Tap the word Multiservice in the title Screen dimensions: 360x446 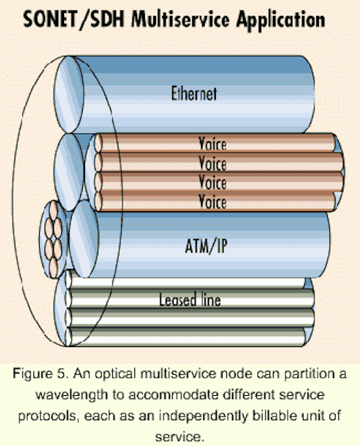click(180, 19)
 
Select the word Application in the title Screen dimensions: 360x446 click(281, 20)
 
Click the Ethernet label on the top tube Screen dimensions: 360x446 click(194, 93)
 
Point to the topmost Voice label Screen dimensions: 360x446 click(212, 144)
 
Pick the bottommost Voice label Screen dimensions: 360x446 click(212, 201)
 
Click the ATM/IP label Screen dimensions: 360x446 click(206, 246)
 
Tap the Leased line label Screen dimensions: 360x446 click(190, 300)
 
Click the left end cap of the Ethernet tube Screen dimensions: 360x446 click(69, 95)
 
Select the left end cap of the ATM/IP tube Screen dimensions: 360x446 click(84, 239)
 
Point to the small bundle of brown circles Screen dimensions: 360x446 click(54, 239)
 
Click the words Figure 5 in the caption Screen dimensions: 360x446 click(40, 374)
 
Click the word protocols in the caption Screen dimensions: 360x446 click(49, 417)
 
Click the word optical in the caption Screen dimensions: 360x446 click(115, 374)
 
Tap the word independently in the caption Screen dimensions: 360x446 click(203, 417)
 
